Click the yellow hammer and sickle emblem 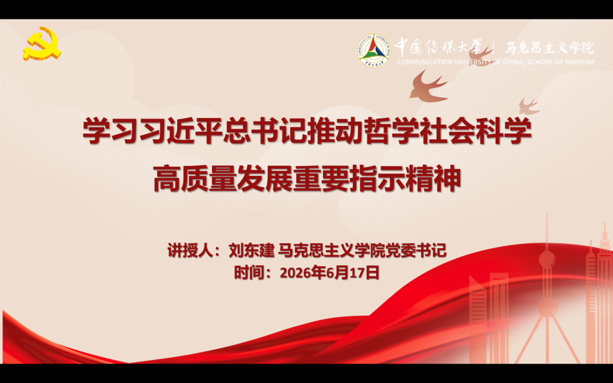pyautogui.click(x=42, y=43)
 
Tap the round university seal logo pyautogui.click(x=374, y=51)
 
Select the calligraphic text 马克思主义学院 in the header pyautogui.click(x=549, y=48)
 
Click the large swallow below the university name pyautogui.click(x=428, y=86)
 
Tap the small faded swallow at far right pyautogui.click(x=529, y=106)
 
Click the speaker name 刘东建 pyautogui.click(x=251, y=250)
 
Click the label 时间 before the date pyautogui.click(x=249, y=273)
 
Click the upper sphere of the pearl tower pyautogui.click(x=546, y=259)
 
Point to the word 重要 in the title pyautogui.click(x=321, y=179)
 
